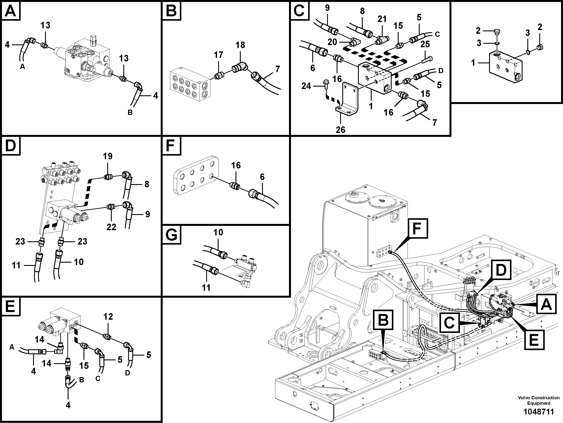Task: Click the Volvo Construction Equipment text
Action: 539,400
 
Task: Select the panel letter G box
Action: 172,235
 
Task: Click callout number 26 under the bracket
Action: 340,130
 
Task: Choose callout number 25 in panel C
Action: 425,44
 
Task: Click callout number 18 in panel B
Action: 240,45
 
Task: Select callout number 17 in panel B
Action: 218,55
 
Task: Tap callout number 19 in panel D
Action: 108,156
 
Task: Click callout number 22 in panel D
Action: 111,227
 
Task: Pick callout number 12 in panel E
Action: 108,317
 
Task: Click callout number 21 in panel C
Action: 382,19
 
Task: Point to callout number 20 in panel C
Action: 332,42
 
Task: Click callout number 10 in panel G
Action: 218,232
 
